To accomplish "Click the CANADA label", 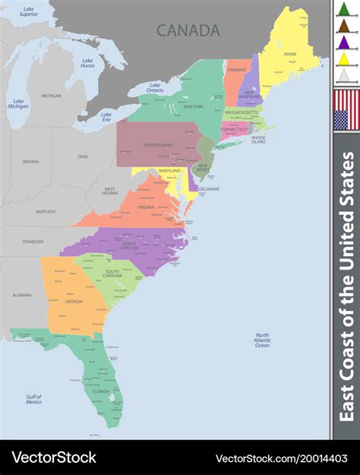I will (x=188, y=30).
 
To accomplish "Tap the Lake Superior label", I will (x=28, y=11).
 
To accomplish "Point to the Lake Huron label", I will (x=87, y=62).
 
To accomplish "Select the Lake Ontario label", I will (x=155, y=88).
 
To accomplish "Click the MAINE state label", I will (x=290, y=55).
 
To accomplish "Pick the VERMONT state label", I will (x=237, y=69).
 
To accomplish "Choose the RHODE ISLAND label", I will (x=258, y=139).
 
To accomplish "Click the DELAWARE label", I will (x=209, y=188).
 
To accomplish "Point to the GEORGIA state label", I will (x=74, y=301).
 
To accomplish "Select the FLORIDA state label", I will (x=112, y=392).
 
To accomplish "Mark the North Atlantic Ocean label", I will (x=262, y=340).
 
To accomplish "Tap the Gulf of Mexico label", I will (x=33, y=399).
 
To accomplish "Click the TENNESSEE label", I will (x=33, y=241).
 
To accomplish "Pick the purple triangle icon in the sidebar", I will (x=343, y=42).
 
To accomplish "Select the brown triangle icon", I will (x=343, y=25).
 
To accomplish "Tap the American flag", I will (x=346, y=109).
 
